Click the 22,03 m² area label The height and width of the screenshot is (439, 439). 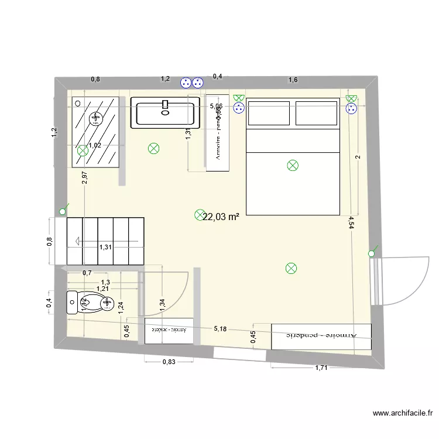click(221, 217)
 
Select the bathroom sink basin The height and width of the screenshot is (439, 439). click(164, 113)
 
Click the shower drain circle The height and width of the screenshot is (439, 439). click(95, 119)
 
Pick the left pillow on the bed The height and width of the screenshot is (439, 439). click(269, 113)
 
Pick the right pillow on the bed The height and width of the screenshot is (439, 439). click(317, 113)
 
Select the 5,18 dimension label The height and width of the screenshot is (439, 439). click(220, 330)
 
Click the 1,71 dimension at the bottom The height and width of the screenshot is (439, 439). click(321, 368)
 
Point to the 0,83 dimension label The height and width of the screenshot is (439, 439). click(168, 362)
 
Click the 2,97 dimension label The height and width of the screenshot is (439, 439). click(85, 178)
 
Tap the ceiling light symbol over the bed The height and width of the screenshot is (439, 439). click(293, 166)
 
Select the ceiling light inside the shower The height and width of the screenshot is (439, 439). click(83, 150)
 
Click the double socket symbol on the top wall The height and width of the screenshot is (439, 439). click(192, 83)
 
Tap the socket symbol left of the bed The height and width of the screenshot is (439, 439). click(238, 108)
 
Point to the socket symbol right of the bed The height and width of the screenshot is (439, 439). click(351, 108)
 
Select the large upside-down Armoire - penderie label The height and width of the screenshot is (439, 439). click(321, 335)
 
